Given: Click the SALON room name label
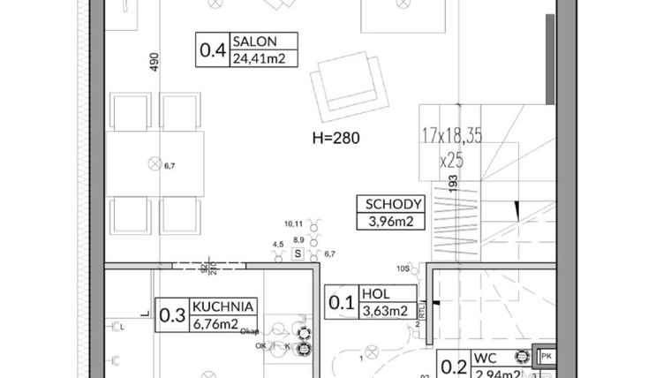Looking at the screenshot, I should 254,42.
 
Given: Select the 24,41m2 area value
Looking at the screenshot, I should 263,58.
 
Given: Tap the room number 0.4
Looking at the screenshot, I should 213,50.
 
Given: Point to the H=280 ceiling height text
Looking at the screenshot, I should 337,138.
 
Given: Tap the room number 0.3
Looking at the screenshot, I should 171,314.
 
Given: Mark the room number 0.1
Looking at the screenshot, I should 342,302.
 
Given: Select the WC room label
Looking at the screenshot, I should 484,359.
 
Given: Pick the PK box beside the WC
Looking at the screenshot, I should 547,357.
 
